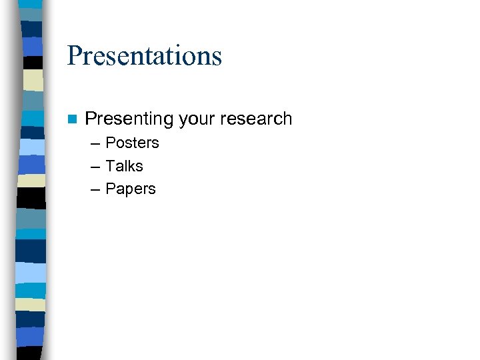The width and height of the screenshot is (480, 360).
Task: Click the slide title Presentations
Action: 144,55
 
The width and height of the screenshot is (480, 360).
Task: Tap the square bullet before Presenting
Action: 72,119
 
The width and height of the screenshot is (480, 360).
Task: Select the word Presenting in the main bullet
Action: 129,119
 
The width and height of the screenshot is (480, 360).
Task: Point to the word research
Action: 257,119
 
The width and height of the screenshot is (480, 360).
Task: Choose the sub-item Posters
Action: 132,143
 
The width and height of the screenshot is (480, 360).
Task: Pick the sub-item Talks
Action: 124,166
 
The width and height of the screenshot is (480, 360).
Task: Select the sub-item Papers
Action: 131,189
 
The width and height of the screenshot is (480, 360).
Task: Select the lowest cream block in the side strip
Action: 31,304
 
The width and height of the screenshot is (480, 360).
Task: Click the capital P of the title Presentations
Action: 74,55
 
